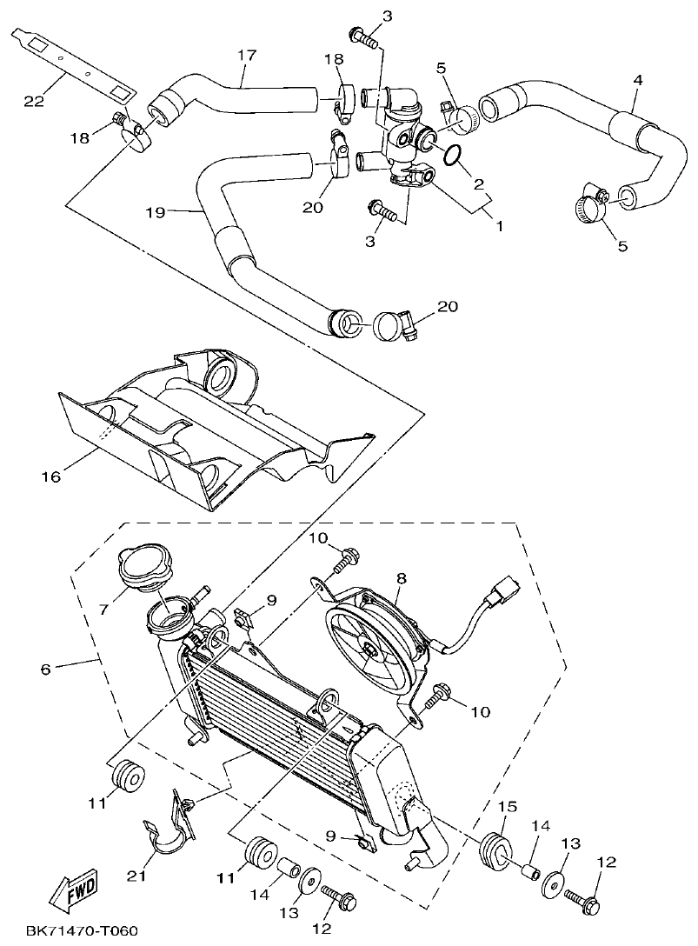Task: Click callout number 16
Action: pyautogui.click(x=51, y=476)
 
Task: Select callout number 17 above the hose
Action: pyautogui.click(x=248, y=55)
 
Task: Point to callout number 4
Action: pyautogui.click(x=638, y=80)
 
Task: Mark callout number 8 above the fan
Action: pyautogui.click(x=402, y=577)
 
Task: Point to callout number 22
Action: pyautogui.click(x=34, y=102)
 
